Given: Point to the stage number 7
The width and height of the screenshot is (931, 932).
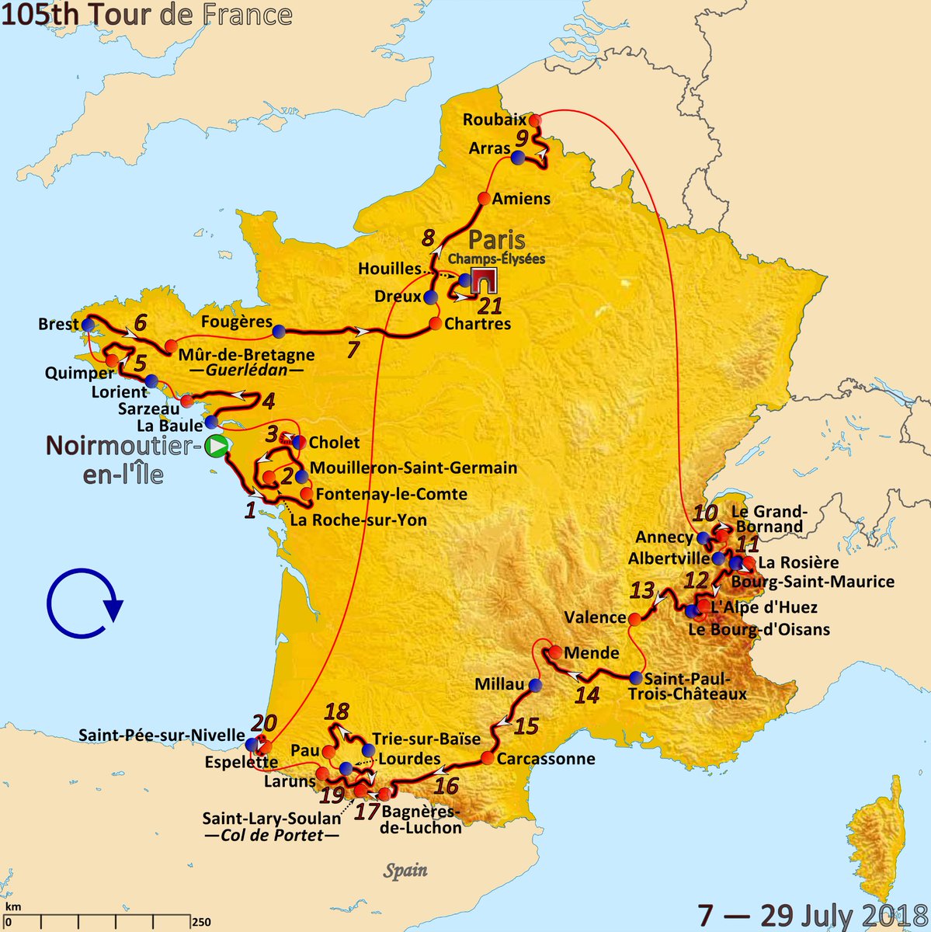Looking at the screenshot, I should (353, 349).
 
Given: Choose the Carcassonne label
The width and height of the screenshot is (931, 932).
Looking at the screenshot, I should (546, 759).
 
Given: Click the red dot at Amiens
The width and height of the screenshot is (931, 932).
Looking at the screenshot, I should (484, 198).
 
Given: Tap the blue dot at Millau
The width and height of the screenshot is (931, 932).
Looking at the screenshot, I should (534, 684).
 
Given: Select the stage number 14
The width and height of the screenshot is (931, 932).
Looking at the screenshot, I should (587, 694).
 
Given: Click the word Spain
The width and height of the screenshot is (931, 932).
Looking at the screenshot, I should (406, 870).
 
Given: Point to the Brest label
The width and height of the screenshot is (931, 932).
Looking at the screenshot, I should (58, 325).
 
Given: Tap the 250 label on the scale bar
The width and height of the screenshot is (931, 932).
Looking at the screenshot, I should (200, 922).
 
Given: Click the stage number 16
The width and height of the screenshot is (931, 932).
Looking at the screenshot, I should (446, 785).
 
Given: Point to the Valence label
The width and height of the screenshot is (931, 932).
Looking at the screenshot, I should (596, 617).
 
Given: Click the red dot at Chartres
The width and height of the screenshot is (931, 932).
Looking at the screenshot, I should (435, 323).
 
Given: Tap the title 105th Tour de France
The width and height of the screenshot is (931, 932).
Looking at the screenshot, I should (147, 14).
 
